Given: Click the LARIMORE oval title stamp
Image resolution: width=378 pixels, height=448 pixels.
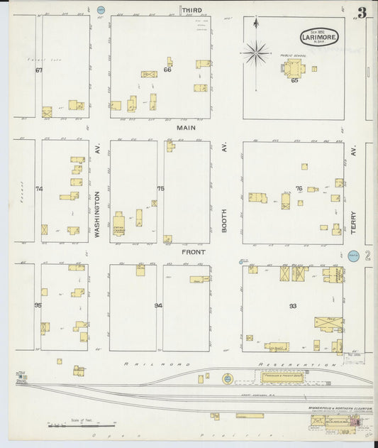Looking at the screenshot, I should pyautogui.click(x=319, y=36).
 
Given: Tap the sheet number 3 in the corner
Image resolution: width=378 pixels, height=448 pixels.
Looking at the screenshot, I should pyautogui.click(x=362, y=12).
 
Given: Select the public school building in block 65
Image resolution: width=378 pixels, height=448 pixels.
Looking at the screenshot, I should pyautogui.click(x=293, y=70).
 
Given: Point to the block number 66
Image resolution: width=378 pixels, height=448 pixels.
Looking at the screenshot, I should pyautogui.click(x=167, y=70).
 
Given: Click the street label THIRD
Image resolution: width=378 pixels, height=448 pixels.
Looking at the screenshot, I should pyautogui.click(x=191, y=10).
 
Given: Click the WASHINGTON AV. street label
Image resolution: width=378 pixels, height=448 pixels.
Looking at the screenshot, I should pyautogui.click(x=99, y=192).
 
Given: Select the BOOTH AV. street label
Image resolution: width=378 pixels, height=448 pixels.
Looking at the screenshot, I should pyautogui.click(x=226, y=192).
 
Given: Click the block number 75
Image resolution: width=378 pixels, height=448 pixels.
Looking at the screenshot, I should pyautogui.click(x=160, y=188).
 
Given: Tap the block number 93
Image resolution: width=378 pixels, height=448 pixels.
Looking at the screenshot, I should pyautogui.click(x=292, y=306).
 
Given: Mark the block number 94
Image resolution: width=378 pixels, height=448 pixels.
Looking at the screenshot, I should pyautogui.click(x=158, y=306).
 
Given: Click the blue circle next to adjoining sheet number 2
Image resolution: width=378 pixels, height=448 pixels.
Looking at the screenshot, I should pyautogui.click(x=354, y=256).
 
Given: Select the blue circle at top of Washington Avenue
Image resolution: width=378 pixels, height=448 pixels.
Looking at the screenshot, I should pyautogui.click(x=101, y=11).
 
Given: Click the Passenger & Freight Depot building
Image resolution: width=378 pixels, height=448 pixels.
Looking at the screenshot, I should pyautogui.click(x=282, y=378).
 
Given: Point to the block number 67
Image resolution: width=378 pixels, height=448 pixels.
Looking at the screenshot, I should pyautogui.click(x=39, y=70).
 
